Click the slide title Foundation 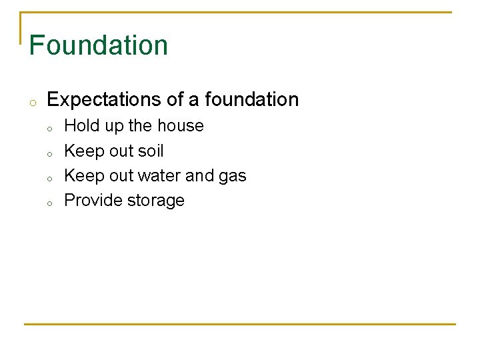click(99, 45)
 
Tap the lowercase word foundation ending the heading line click(252, 100)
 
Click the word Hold click(80, 126)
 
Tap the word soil click(150, 151)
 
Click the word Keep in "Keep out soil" click(81, 151)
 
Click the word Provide click(91, 201)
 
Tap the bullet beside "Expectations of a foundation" click(31, 102)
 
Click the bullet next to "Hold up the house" click(49, 128)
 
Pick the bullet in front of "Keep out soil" click(49, 153)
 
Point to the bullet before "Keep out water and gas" click(49, 178)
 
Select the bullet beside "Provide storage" click(49, 203)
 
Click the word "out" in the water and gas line click(121, 176)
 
